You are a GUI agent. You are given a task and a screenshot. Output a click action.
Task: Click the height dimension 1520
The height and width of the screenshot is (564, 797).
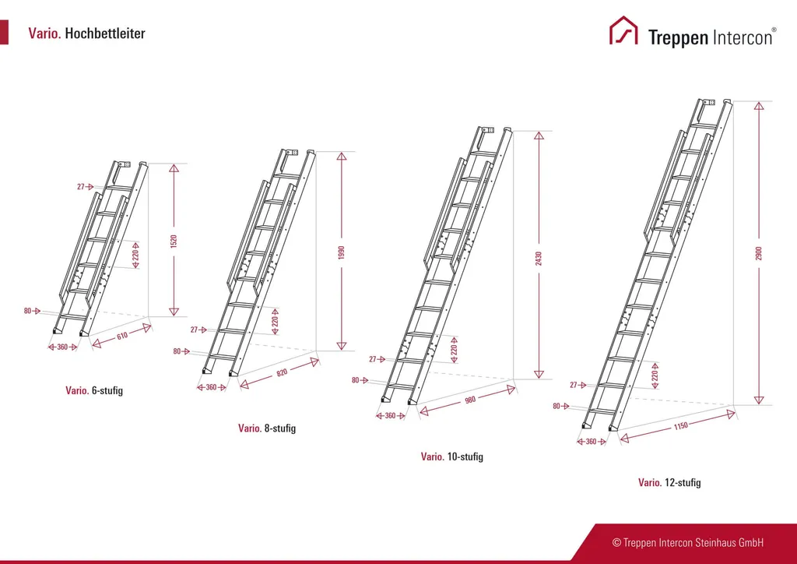point(174,241)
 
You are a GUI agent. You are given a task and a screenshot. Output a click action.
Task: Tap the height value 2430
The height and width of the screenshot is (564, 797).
point(539,256)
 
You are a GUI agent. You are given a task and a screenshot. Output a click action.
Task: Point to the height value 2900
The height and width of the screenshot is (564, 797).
point(759,253)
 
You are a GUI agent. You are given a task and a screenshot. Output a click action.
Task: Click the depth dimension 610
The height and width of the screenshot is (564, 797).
point(122,337)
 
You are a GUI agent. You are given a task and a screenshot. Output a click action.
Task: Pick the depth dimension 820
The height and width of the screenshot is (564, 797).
point(281,373)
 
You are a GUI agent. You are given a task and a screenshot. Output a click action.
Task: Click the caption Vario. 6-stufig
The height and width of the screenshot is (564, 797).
point(94,390)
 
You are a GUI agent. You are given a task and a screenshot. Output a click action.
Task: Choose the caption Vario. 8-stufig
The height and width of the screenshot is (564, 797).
point(267,428)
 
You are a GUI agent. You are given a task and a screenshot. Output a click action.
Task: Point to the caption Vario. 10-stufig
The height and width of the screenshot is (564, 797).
point(451,456)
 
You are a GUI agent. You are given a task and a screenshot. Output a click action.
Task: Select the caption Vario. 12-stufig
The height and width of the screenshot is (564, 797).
point(669,483)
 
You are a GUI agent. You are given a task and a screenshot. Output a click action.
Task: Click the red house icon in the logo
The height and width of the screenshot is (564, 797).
point(623,31)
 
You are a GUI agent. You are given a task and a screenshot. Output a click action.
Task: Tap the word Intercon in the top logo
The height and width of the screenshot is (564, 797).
point(743,37)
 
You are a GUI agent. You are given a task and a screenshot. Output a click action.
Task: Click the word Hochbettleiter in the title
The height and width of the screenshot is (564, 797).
point(105,33)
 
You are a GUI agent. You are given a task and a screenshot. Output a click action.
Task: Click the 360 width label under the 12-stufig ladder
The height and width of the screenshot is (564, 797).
point(591,442)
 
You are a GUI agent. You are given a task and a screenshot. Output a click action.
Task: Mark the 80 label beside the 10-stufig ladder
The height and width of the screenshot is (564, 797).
point(356,380)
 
